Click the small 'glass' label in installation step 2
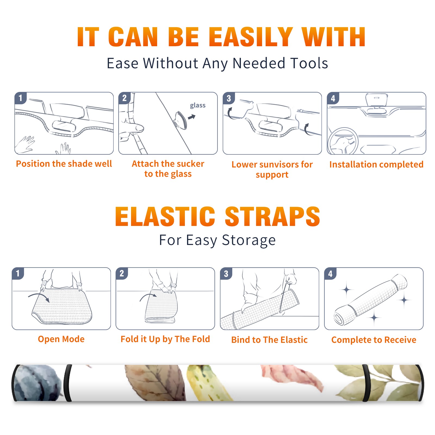click(198, 105)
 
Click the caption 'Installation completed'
click(376, 164)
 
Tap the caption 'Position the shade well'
click(64, 164)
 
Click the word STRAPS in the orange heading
click(272, 216)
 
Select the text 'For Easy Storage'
click(217, 240)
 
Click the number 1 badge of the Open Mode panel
click(18, 273)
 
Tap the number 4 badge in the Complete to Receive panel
click(330, 274)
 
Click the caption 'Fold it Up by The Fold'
click(165, 339)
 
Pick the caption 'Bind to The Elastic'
click(269, 340)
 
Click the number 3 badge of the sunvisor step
click(229, 98)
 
